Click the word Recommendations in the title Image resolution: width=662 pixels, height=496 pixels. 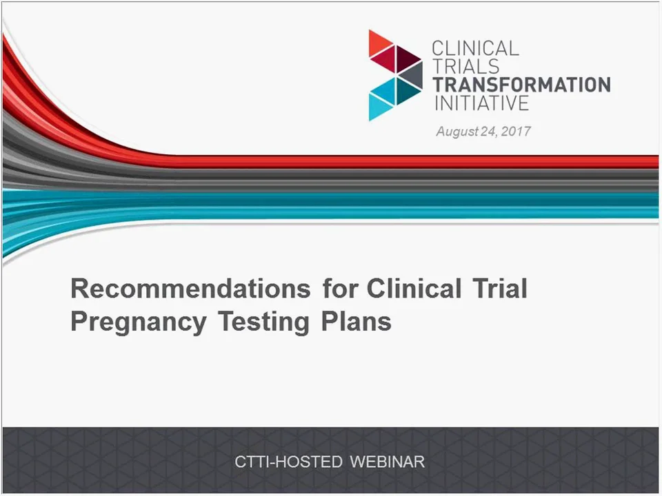click(190, 289)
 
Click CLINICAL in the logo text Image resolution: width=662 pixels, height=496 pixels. click(475, 49)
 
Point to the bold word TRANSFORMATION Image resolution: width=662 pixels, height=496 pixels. click(521, 85)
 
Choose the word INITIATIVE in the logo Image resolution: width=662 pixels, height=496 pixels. click(481, 103)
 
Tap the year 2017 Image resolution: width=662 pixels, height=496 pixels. click(516, 131)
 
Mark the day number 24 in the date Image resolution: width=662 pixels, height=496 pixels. click(490, 131)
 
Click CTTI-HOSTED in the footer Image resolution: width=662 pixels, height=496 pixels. click(288, 462)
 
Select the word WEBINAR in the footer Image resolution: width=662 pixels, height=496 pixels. click(387, 462)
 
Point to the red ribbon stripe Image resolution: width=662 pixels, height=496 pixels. click(414, 161)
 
